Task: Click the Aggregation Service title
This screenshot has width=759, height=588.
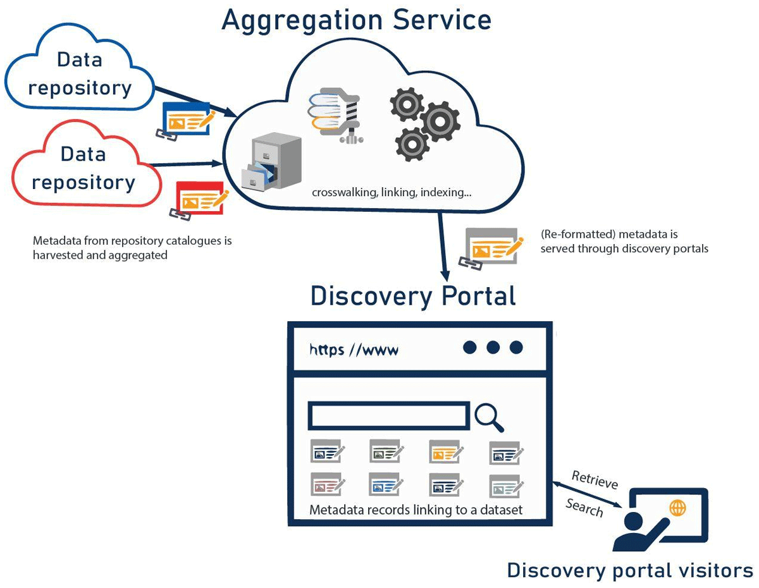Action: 356,20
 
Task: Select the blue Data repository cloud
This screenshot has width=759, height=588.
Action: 79,73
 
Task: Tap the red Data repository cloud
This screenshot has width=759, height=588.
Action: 82,168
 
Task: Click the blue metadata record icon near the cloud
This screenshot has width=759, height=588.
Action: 187,118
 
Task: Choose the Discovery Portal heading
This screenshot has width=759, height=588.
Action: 413,296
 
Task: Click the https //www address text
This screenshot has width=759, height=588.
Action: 354,349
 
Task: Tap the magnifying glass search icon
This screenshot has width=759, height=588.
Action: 489,417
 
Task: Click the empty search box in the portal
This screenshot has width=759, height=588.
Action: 388,416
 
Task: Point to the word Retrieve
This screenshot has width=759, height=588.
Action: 594,481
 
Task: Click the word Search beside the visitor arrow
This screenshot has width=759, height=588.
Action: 584,507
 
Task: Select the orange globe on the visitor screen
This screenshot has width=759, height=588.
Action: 677,508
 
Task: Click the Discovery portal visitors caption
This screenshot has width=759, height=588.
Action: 629,571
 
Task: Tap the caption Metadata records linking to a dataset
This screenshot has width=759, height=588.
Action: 416,510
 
